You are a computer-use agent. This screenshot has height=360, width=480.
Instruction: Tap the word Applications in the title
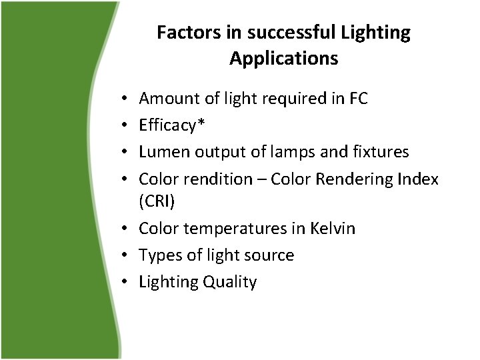coord(283,59)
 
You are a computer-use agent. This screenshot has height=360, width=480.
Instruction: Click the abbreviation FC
coord(358,99)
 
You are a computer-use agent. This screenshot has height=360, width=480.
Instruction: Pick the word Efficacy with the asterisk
coord(167,125)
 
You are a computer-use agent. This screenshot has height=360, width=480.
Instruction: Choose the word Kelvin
coord(333,229)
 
